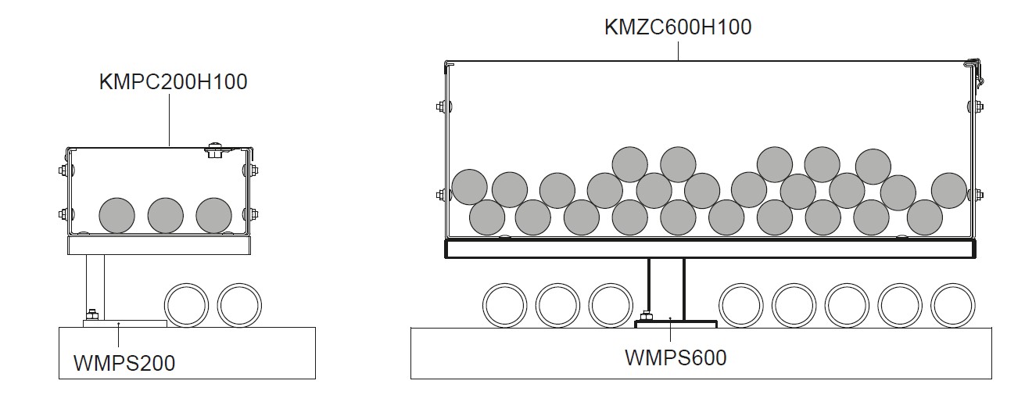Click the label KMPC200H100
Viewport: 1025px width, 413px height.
[173, 81]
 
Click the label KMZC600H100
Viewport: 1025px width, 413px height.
[677, 27]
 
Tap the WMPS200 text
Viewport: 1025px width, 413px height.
[124, 362]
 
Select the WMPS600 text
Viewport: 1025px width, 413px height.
[676, 357]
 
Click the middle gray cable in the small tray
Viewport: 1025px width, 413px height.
[166, 215]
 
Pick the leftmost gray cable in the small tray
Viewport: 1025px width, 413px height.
[117, 215]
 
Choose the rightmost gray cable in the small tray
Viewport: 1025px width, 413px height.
[214, 215]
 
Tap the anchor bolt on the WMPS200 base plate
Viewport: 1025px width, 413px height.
[92, 314]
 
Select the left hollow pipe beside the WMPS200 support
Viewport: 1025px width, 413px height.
[187, 306]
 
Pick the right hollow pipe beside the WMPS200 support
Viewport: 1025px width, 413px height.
[239, 306]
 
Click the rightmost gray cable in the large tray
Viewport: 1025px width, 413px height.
[949, 191]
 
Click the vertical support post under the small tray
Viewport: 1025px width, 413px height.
[95, 282]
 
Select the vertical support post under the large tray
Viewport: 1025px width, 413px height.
[666, 287]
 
